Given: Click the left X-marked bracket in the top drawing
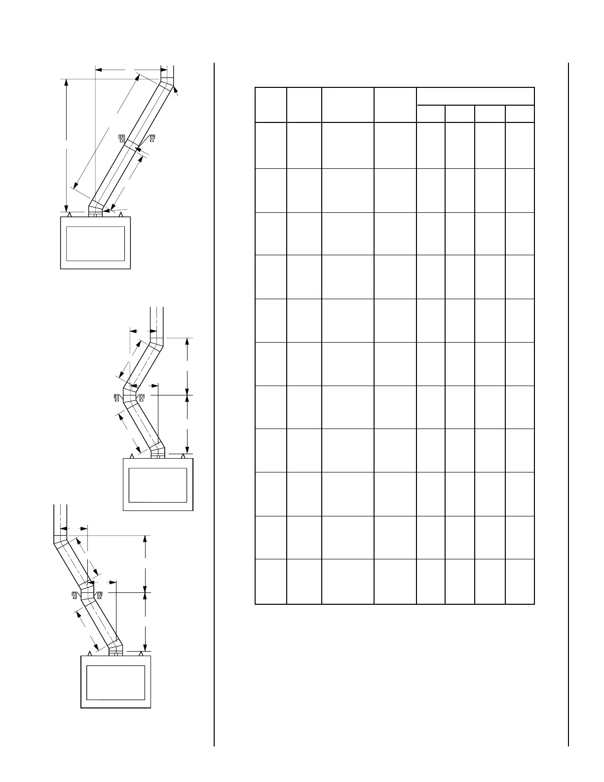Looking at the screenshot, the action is click(121, 138).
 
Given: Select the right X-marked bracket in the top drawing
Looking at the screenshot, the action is click(152, 138).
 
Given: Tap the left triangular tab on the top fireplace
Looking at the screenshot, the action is click(70, 215).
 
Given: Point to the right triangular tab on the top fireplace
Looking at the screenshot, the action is click(121, 215).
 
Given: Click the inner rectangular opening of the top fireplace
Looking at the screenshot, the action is click(95, 243).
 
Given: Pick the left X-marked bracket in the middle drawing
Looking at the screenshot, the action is click(117, 397).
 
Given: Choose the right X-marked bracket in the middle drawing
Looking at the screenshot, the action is click(142, 397).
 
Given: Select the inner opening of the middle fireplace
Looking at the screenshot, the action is click(157, 485).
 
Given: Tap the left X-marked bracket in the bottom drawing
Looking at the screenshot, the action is click(75, 595).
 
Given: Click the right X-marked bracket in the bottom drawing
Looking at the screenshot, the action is click(99, 595).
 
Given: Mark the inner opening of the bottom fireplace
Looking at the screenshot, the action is click(115, 682).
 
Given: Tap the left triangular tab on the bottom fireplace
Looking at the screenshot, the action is click(90, 653).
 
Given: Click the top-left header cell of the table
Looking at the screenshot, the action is click(271, 105).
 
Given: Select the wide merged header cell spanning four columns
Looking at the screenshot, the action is click(475, 96).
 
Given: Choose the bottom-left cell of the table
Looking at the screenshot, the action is click(271, 581).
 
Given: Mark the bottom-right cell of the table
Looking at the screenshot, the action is click(520, 581).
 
